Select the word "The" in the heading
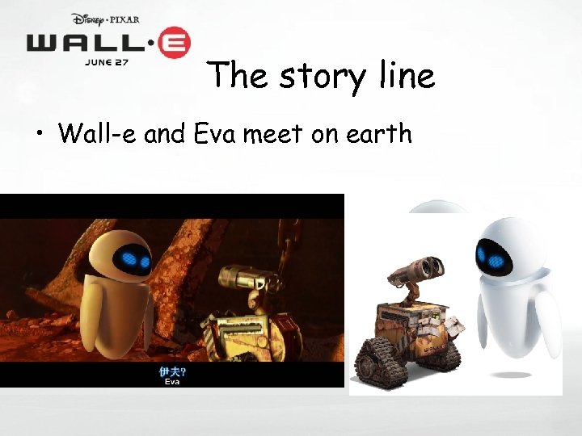[x=236, y=76]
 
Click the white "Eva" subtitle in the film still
[x=172, y=382]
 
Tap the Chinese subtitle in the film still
[x=171, y=371]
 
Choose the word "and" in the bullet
[x=166, y=132]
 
